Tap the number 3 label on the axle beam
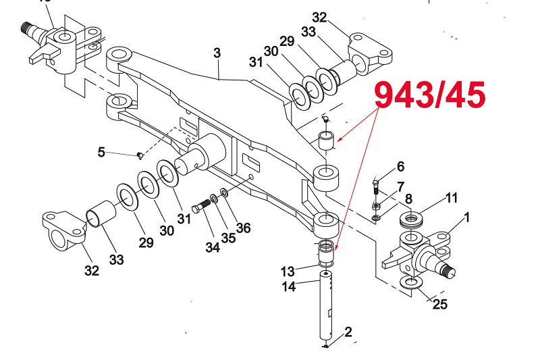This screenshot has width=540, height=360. (217, 52)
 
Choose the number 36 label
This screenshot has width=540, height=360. (243, 228)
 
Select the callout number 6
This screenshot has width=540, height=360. (400, 166)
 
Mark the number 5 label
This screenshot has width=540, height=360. (101, 152)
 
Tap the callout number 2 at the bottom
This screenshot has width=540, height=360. (348, 332)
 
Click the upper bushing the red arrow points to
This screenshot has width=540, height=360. (327, 143)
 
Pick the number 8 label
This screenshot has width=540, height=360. (408, 200)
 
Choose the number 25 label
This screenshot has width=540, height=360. (439, 304)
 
